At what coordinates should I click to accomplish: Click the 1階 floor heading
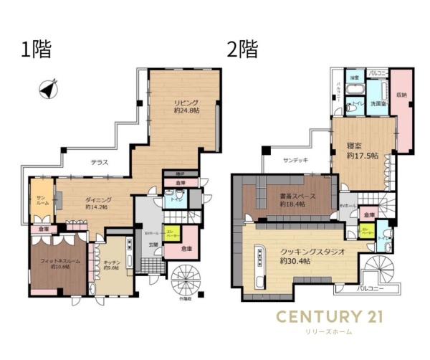tap(36, 50)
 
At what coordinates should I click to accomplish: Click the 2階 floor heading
tap(242, 50)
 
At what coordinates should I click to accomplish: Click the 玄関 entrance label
tap(153, 246)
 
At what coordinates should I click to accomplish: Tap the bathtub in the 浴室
tap(355, 90)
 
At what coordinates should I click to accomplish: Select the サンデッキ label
tap(295, 160)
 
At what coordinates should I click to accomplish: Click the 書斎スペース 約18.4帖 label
tap(287, 200)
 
